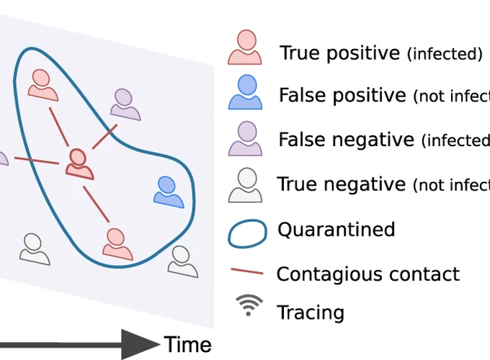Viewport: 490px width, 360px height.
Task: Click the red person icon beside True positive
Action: tap(245, 49)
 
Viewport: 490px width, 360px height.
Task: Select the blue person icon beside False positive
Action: tap(246, 93)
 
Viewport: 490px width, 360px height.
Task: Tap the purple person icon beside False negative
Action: tap(246, 139)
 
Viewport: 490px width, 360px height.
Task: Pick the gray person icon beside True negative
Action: tap(246, 184)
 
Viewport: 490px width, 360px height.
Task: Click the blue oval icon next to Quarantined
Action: tap(246, 230)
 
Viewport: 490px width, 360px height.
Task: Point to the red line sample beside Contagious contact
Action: tap(246, 274)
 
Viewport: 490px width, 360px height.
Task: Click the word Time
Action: tap(187, 344)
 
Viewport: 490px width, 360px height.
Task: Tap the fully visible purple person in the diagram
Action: tap(125, 104)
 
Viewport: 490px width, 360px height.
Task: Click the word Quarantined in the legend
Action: tap(336, 230)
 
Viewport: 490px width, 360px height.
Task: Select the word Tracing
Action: tap(311, 312)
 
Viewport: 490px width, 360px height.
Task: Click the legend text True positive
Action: tap(339, 53)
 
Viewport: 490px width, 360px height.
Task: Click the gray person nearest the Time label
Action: tap(182, 261)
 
